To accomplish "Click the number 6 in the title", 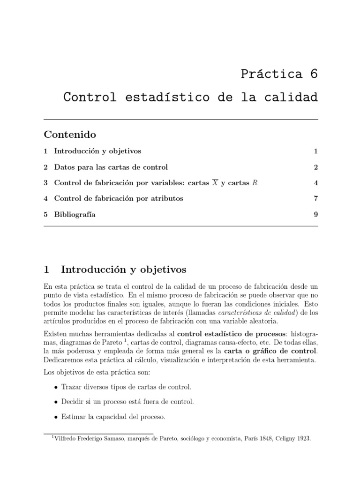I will coord(313,74).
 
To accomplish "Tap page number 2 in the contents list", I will coord(316,167).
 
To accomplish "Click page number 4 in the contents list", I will coord(316,183).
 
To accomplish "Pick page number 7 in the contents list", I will coord(316,198).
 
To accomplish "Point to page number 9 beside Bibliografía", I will coord(316,214).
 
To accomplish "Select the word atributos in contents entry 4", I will coord(165,198).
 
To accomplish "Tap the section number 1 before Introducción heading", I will coord(46,270).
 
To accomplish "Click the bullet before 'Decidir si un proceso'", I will coord(56,402).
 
